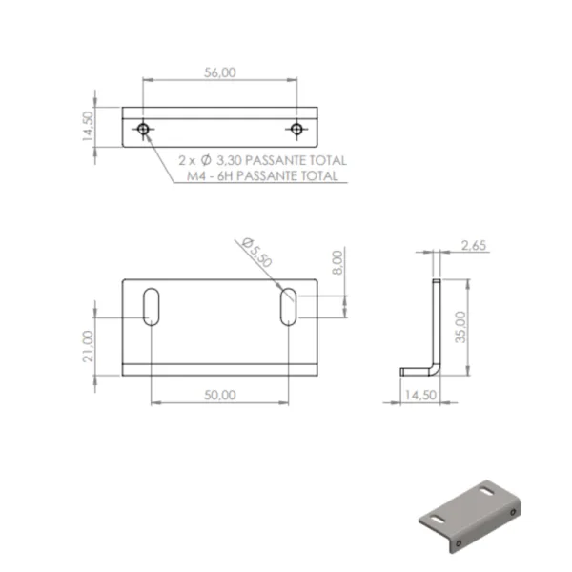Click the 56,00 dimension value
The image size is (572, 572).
(x=220, y=72)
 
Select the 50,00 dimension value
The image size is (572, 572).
(x=220, y=395)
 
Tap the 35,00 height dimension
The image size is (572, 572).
(x=460, y=327)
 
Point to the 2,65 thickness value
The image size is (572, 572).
(x=474, y=246)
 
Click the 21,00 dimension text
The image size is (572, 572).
(x=88, y=346)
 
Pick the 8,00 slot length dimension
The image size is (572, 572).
(x=337, y=262)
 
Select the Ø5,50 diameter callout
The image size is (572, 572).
(x=257, y=252)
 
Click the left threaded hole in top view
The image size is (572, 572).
(x=143, y=129)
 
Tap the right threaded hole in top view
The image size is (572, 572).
(x=296, y=129)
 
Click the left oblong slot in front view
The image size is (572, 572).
(x=151, y=307)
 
